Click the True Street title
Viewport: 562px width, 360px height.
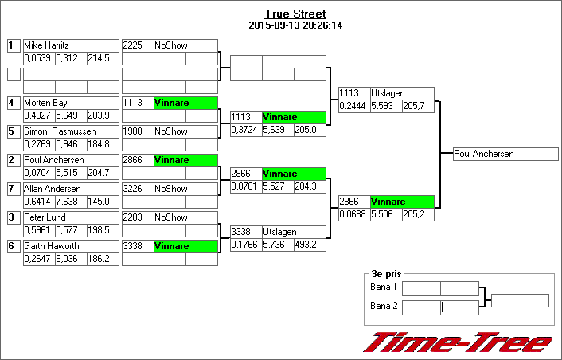coord(295,14)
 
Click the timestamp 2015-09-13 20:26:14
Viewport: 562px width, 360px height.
coord(295,25)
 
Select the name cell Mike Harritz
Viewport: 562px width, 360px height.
coord(71,45)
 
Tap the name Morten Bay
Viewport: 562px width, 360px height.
coord(71,103)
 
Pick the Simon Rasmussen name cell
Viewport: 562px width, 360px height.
coord(71,131)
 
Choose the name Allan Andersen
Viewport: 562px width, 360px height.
coord(71,189)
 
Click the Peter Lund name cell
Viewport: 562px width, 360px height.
coord(71,217)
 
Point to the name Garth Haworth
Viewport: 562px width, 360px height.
coord(71,246)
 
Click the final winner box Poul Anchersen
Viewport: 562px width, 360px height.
coord(505,155)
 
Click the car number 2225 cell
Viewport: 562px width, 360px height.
coord(137,45)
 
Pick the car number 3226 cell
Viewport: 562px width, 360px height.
coord(137,189)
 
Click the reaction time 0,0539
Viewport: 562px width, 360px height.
coord(38,58)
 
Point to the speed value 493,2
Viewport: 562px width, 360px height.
coord(310,245)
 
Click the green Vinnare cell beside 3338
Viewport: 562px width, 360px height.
coord(185,246)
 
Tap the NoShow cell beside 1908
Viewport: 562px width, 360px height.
coord(185,131)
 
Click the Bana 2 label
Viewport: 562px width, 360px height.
coord(383,306)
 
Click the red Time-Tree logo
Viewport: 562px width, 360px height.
coord(458,342)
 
